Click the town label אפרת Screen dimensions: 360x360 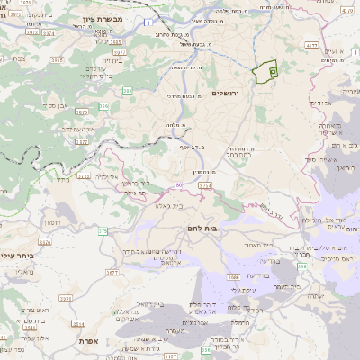click(87, 342)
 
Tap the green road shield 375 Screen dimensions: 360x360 click(103, 232)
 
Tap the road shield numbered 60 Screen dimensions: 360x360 click(179, 184)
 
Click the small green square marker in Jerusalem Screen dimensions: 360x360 click(274, 68)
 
